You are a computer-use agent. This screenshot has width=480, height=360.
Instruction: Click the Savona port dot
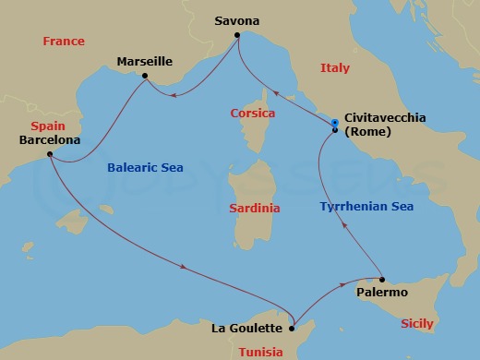coord(237,36)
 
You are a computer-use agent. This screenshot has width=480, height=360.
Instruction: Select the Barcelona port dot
coord(50,154)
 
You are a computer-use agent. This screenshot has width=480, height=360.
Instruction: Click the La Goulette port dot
coord(292,327)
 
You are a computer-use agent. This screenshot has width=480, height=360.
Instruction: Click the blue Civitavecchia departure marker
coord(335,122)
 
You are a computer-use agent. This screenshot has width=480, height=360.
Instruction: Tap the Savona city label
coord(237,20)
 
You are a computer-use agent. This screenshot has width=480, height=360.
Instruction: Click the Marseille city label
coord(145,61)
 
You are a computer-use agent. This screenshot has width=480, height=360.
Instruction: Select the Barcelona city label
coord(49,140)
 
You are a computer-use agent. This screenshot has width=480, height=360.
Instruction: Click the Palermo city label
coord(381,293)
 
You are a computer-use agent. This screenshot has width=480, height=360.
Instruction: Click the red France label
coord(64,42)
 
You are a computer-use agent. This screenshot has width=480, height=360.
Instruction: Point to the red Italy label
coord(334,68)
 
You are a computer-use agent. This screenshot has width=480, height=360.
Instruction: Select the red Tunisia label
coord(261,352)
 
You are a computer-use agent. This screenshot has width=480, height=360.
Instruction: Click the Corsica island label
coord(253,114)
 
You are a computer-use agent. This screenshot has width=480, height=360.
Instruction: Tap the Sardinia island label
coord(254,208)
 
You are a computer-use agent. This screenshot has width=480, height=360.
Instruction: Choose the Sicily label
coord(417,324)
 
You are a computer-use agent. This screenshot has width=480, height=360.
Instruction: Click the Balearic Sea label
coord(145,168)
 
